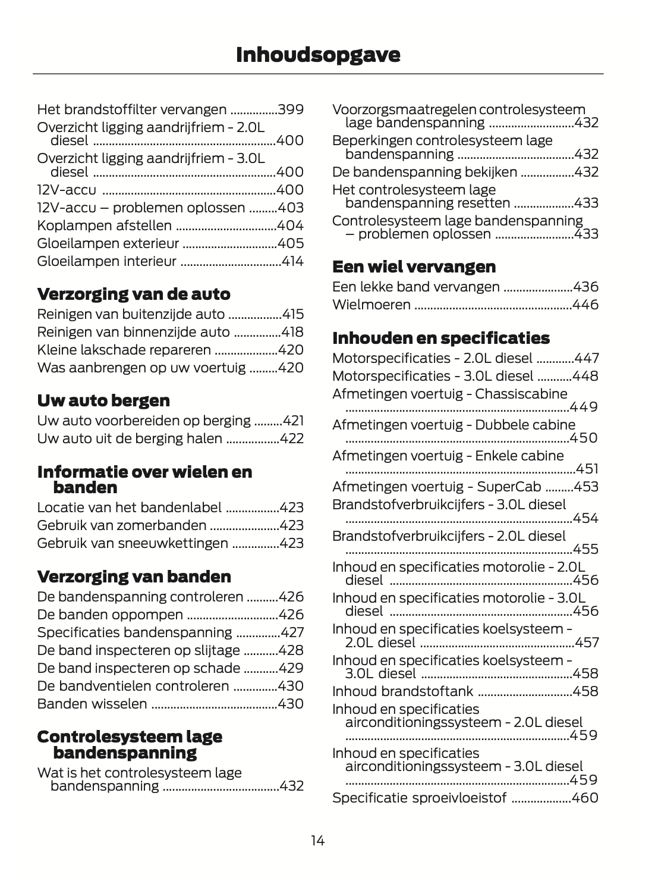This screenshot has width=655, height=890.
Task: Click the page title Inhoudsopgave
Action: click(x=318, y=55)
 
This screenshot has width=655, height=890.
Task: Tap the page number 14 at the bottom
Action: click(x=317, y=841)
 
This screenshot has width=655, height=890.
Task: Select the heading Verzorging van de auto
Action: click(x=134, y=294)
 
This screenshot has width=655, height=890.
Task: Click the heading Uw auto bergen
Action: click(x=103, y=400)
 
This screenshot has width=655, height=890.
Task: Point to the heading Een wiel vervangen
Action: click(x=414, y=267)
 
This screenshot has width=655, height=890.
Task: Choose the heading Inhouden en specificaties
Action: click(x=441, y=338)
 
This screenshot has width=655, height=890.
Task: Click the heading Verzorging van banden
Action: click(x=134, y=576)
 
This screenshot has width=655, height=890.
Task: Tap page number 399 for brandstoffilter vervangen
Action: click(x=291, y=109)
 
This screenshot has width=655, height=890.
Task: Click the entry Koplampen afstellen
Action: click(x=105, y=225)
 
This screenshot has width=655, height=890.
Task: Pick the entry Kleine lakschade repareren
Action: click(x=124, y=350)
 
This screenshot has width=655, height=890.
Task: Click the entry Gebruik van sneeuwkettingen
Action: click(x=132, y=543)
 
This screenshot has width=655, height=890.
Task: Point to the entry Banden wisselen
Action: click(x=92, y=704)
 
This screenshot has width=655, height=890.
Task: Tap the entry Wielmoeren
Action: click(x=371, y=305)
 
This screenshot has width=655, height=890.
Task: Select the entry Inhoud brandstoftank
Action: click(x=402, y=691)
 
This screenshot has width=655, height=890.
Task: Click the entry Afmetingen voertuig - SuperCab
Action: click(x=436, y=487)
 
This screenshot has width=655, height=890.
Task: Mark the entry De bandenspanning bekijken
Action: click(x=424, y=172)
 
